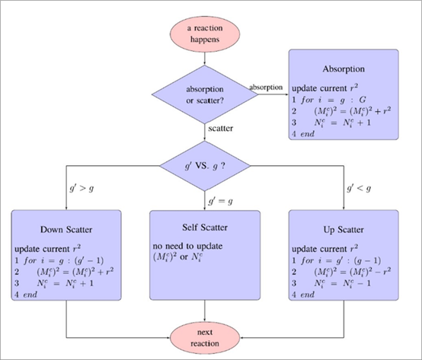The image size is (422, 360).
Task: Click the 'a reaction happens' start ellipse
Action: (205, 34)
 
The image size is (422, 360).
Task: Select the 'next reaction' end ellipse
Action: (205, 338)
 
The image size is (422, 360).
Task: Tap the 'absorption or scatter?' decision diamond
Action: (205, 94)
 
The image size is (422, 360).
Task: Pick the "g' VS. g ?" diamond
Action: (205, 166)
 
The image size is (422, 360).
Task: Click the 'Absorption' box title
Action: (344, 69)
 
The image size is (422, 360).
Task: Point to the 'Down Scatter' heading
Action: (66, 230)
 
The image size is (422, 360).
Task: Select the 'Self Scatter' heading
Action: (205, 228)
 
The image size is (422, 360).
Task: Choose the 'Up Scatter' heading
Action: (344, 230)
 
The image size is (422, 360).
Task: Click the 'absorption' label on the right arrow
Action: (266, 88)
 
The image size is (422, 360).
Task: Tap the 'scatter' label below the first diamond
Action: (220, 128)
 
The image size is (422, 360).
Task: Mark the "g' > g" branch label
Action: (82, 188)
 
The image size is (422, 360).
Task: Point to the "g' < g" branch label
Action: (359, 188)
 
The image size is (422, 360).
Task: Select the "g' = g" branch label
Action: (220, 201)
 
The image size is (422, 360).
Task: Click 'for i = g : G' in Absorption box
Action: (333, 100)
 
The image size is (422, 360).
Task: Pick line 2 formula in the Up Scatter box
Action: (352, 272)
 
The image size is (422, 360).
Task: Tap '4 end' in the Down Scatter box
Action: (26, 295)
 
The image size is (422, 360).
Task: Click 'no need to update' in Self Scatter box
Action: (187, 247)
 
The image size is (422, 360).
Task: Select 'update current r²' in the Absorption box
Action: (324, 88)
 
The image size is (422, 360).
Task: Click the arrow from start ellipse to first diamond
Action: (205, 59)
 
